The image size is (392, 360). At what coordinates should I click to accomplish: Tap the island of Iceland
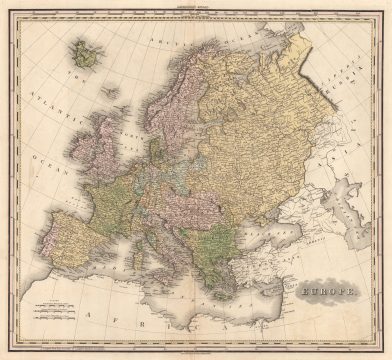click(x=85, y=53)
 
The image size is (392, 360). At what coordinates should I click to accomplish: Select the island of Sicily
click(x=181, y=293)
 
